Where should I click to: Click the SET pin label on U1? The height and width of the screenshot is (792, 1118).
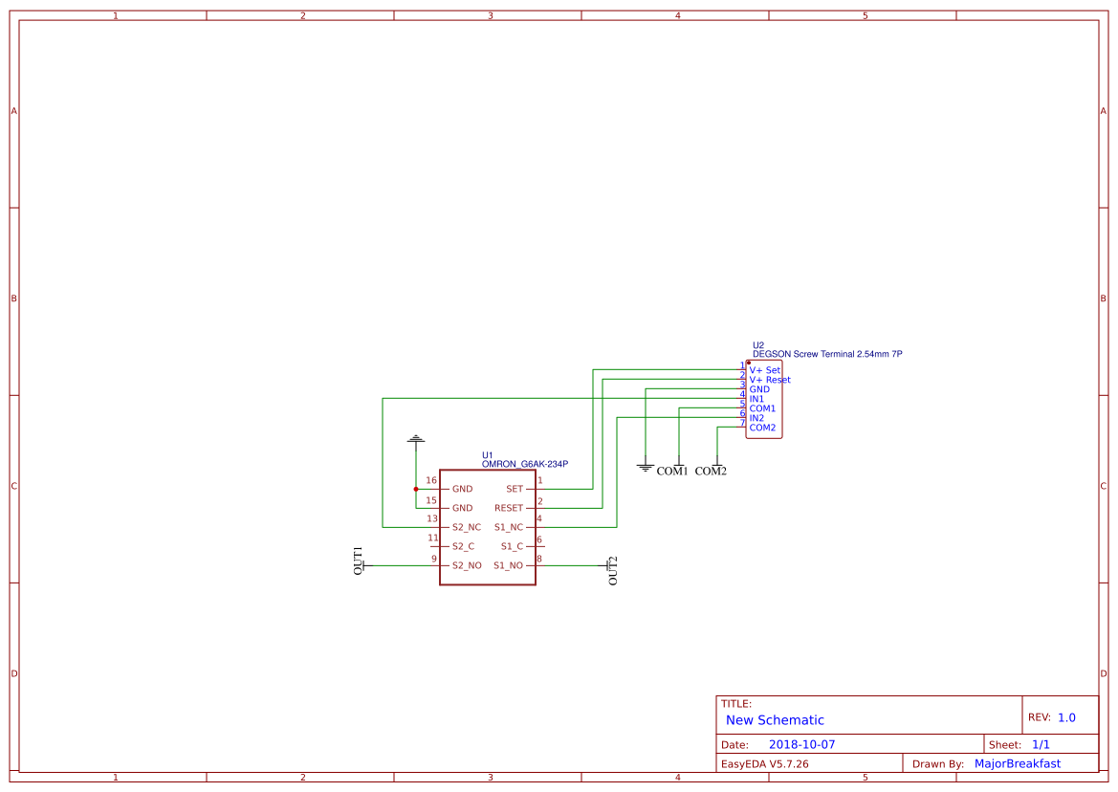pos(515,489)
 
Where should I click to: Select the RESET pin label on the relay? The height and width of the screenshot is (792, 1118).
pos(509,508)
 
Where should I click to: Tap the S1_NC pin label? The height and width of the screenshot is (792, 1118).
pos(509,527)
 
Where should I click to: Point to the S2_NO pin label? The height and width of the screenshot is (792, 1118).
pos(467,565)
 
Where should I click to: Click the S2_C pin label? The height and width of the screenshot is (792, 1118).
pos(463,546)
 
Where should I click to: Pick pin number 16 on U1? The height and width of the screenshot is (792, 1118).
pos(431,480)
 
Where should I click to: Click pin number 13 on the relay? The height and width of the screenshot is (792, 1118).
pos(431,518)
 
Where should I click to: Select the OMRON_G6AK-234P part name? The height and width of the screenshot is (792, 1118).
pos(525,464)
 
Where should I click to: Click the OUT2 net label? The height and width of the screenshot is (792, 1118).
pos(613,570)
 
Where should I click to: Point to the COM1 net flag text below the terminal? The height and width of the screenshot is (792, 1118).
pos(672,472)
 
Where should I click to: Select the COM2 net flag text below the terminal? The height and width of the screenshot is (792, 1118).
pos(711,472)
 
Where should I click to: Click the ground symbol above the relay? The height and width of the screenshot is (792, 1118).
pos(415,440)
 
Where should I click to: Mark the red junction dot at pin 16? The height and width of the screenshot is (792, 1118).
pos(415,489)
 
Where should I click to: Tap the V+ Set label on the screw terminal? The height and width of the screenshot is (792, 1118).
pos(765,370)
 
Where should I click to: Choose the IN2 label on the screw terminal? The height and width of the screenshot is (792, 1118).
pos(756,418)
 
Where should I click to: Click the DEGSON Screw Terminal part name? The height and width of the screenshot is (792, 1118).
pos(827,354)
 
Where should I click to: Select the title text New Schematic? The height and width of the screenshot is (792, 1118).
pos(775,720)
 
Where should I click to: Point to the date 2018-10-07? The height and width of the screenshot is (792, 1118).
pos(802,744)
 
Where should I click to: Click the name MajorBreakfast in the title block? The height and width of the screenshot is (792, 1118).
pos(1018,763)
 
